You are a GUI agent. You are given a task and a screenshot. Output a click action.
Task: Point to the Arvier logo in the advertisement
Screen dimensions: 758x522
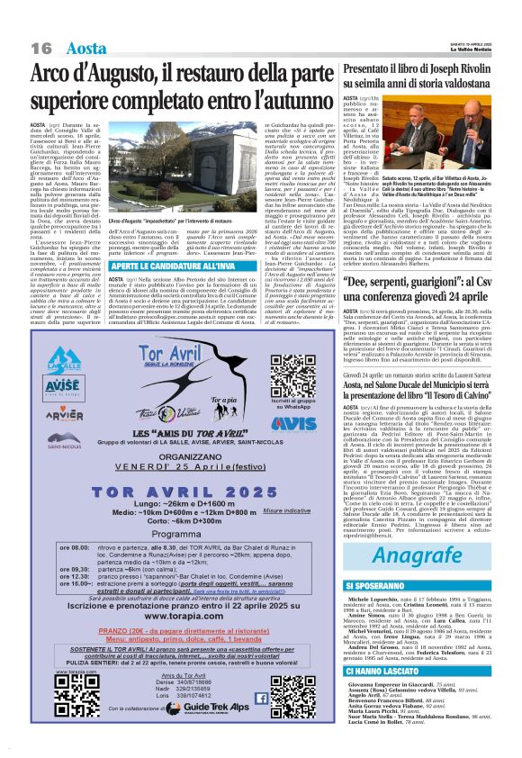point(64,416)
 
